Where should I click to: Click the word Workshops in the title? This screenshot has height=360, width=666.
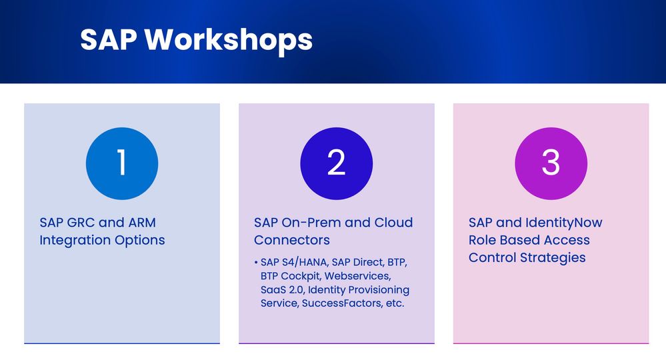(229, 39)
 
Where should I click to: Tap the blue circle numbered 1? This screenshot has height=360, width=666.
(122, 163)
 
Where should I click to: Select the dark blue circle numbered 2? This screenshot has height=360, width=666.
(337, 163)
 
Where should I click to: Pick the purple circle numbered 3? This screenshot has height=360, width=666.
(551, 163)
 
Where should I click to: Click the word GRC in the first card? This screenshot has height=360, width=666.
(81, 223)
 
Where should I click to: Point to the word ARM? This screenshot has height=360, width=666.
(142, 223)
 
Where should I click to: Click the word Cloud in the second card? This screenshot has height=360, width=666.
(393, 223)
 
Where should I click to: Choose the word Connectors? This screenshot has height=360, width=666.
(292, 240)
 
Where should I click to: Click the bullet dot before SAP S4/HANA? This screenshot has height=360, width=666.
(256, 263)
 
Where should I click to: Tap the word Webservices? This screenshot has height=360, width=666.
(357, 276)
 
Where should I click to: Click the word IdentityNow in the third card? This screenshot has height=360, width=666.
(563, 223)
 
